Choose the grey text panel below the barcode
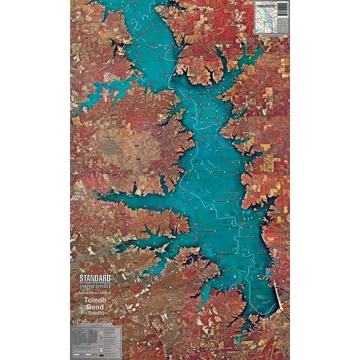(x=282, y=24)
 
